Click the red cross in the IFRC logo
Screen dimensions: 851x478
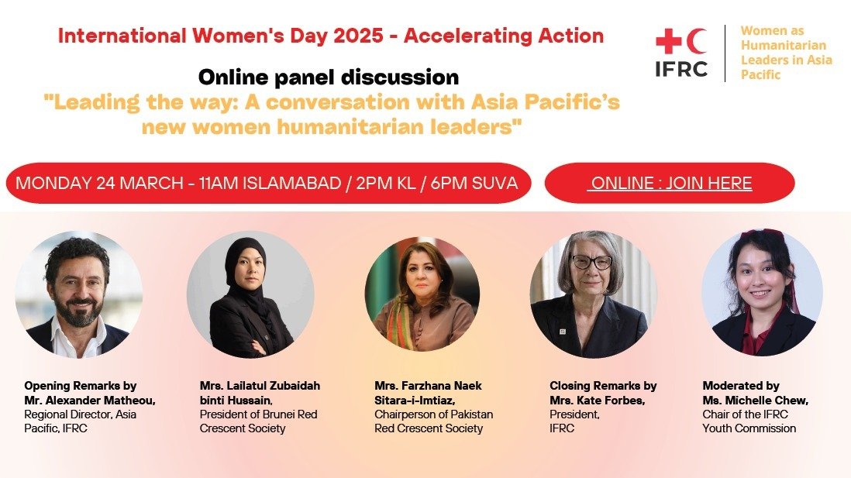pyautogui.click(x=669, y=41)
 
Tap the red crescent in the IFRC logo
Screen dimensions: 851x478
pyautogui.click(x=696, y=41)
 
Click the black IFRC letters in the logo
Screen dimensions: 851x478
pyautogui.click(x=681, y=69)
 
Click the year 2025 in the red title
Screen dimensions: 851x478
pyautogui.click(x=358, y=36)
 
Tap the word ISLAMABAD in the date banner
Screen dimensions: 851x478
pyautogui.click(x=291, y=183)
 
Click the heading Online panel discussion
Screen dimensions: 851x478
pyautogui.click(x=329, y=77)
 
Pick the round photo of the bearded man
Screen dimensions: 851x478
pyautogui.click(x=79, y=294)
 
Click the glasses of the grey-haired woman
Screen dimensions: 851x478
pyautogui.click(x=591, y=263)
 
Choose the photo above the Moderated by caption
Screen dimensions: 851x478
pyautogui.click(x=762, y=292)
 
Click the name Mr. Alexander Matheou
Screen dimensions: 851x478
pyautogui.click(x=90, y=401)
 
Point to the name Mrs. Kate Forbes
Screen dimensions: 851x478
pyautogui.click(x=597, y=401)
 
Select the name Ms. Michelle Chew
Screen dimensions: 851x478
pyautogui.click(x=756, y=401)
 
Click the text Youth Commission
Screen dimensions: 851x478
pyautogui.click(x=749, y=428)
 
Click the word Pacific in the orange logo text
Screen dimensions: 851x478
pyautogui.click(x=760, y=74)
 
